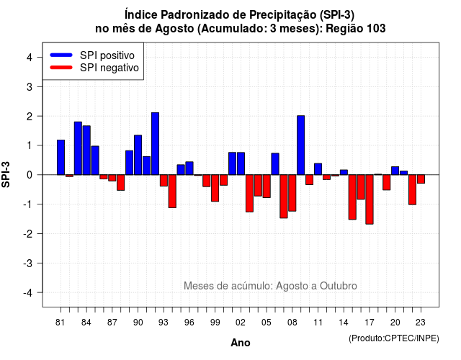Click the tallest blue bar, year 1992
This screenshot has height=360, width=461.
[156, 144]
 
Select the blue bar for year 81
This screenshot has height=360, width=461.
[61, 157]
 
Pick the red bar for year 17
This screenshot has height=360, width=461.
[370, 199]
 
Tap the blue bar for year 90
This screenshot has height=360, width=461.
[138, 155]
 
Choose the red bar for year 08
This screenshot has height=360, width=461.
[292, 193]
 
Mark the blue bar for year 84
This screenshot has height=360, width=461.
[86, 150]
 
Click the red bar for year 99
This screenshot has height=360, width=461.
[215, 188]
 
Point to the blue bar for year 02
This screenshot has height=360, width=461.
[241, 163]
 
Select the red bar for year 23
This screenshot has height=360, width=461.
[421, 179]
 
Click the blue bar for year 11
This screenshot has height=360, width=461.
[318, 169]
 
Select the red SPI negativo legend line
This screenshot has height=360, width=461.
[61, 67]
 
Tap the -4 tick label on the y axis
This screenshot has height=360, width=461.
[28, 292]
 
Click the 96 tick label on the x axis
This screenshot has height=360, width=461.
[189, 323]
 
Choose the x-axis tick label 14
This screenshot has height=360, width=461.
[344, 323]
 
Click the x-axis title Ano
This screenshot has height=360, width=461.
[241, 343]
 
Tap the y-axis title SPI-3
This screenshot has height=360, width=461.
[6, 174]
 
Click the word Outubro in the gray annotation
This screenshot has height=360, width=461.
[339, 286]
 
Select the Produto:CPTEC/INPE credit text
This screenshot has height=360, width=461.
[394, 338]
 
